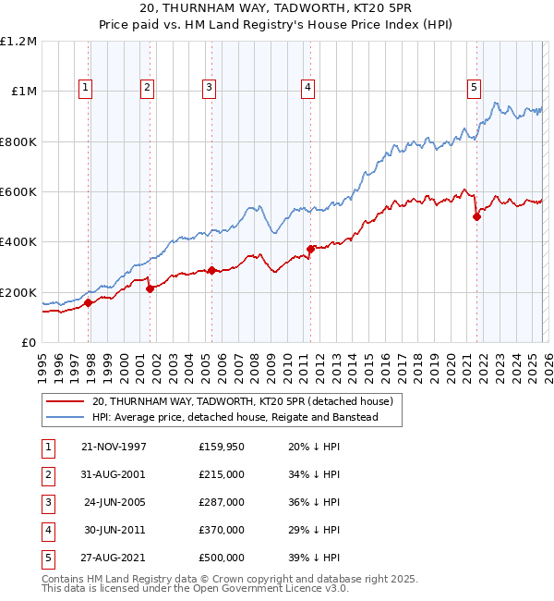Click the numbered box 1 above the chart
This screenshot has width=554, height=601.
85,88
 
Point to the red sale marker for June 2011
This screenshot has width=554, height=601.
311,249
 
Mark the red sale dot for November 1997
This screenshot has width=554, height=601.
89,302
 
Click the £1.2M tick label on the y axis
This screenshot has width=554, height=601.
18,42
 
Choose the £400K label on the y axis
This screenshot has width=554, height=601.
18,242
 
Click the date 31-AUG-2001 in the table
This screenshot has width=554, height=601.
114,473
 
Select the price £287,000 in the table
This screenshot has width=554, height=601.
221,501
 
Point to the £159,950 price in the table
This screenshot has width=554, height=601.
221,446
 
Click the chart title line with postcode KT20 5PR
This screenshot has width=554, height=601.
277,9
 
